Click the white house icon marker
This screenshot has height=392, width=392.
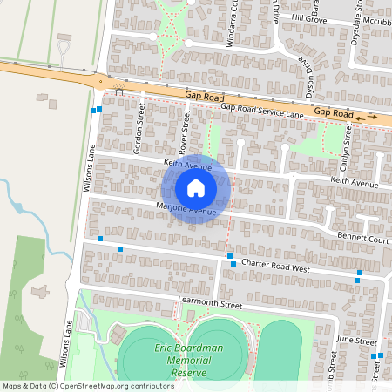(x=196, y=188)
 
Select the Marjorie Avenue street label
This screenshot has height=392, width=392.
(x=173, y=210)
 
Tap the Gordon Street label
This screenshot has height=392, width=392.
(x=139, y=128)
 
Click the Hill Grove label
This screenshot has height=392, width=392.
(x=308, y=17)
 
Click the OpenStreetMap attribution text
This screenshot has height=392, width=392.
(x=87, y=385)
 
